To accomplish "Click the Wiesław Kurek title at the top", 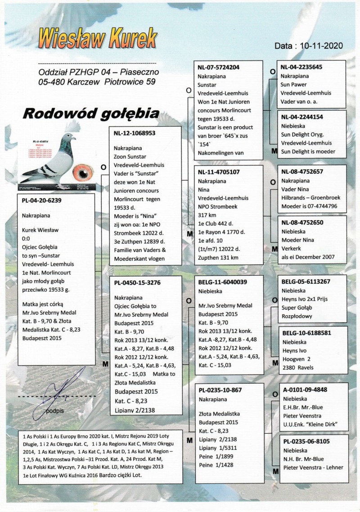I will (97, 38).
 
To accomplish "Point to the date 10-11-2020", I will (308, 45).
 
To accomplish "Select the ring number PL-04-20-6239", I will (42, 202).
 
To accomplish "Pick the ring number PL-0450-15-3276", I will (138, 282).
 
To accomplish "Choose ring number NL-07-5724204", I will (219, 68).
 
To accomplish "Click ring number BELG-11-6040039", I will (221, 282).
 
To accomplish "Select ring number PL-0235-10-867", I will (217, 390).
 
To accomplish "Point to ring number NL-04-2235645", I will (301, 68).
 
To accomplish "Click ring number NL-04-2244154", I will (301, 117).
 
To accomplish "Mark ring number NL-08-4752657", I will (301, 171).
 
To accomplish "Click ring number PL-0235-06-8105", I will (304, 441).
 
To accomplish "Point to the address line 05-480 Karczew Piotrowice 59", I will (97, 82).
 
